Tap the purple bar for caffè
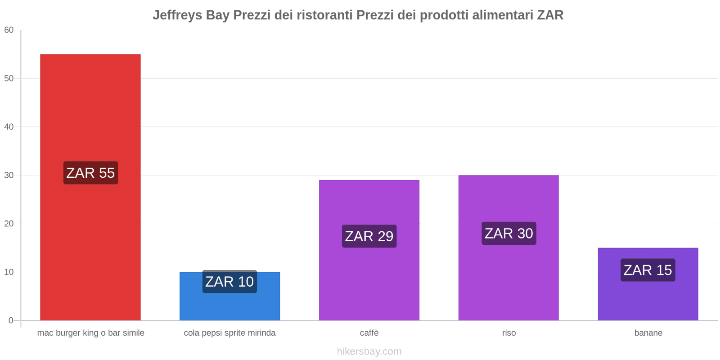click(369, 279)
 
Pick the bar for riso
click(508, 279)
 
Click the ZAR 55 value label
click(90, 173)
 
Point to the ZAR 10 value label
click(229, 282)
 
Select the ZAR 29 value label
click(369, 236)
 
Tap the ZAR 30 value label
click(508, 234)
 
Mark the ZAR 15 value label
click(648, 270)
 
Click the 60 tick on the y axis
click(9, 30)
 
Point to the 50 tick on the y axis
click(9, 78)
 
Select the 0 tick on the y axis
click(11, 320)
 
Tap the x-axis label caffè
click(369, 333)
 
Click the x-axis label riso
click(509, 333)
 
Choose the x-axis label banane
click(648, 333)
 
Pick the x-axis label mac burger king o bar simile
click(90, 333)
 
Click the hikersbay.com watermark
click(369, 351)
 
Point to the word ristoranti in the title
click(324, 15)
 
